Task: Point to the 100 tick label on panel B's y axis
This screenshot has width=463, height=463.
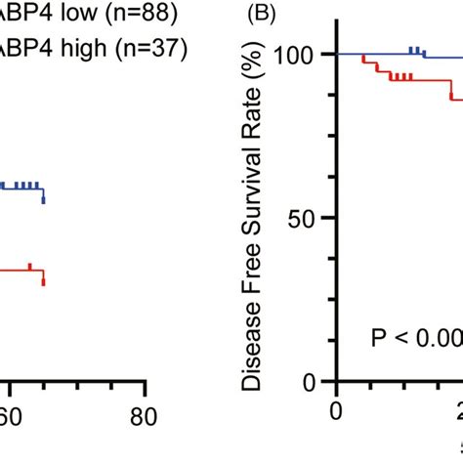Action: click(x=298, y=56)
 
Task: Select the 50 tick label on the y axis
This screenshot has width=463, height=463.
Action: click(x=306, y=217)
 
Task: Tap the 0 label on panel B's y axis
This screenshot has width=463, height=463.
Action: click(x=316, y=380)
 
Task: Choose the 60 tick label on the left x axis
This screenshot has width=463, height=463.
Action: click(x=10, y=416)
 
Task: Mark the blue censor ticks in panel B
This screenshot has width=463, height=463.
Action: click(x=415, y=50)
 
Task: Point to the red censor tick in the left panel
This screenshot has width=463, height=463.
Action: click(x=30, y=266)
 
